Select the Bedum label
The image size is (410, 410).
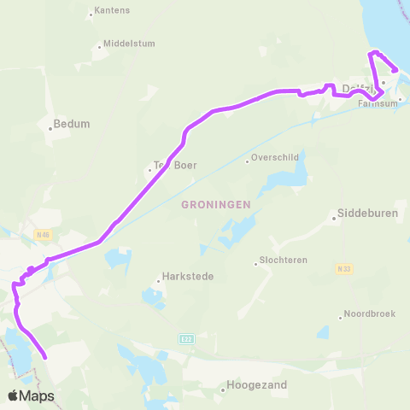coord(71,123)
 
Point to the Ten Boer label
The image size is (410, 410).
coord(174,166)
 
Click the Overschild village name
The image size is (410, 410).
coord(277,158)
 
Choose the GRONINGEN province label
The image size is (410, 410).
coord(215,204)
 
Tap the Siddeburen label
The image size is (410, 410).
coord(367,213)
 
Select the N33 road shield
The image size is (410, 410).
coord(343,268)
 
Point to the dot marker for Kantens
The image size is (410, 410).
coord(91,15)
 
